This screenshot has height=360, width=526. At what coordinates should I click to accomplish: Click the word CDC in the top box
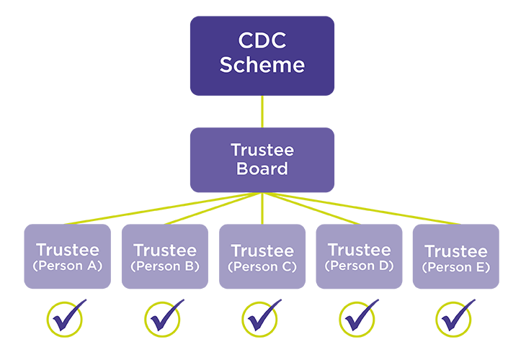(x=262, y=40)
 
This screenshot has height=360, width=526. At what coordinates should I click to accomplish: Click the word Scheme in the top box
(x=262, y=65)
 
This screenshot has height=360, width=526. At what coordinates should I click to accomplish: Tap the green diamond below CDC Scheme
(x=262, y=112)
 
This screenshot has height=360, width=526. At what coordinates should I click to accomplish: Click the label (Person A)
(x=67, y=266)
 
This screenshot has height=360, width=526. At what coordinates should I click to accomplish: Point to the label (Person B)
(x=165, y=266)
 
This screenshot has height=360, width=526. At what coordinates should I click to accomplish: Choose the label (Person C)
(x=262, y=268)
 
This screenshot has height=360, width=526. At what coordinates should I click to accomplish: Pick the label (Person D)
(x=359, y=266)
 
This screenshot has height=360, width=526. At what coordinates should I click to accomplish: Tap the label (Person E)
(x=456, y=268)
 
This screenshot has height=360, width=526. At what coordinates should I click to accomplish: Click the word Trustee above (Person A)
(x=67, y=251)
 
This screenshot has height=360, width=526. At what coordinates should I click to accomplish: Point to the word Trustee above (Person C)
(x=262, y=252)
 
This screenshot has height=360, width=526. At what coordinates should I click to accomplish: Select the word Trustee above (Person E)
(x=456, y=252)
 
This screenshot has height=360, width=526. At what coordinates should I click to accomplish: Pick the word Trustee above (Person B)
(x=165, y=251)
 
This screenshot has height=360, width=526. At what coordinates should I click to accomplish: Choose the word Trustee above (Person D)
(x=359, y=250)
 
